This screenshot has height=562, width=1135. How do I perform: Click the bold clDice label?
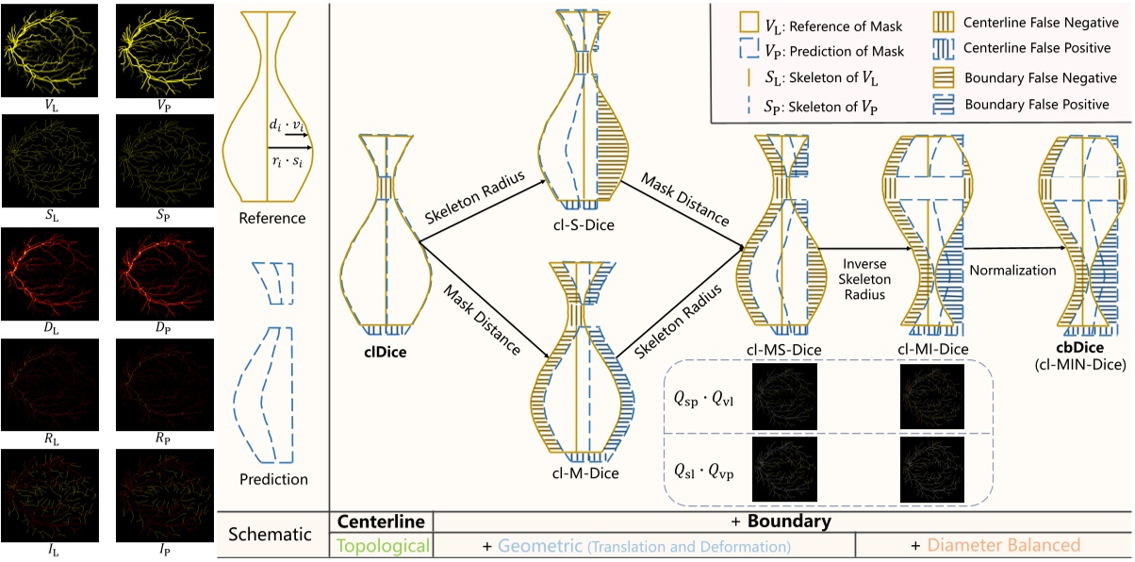386,354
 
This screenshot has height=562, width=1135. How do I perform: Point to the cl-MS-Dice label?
781,350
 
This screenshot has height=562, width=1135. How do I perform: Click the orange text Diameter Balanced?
1002,545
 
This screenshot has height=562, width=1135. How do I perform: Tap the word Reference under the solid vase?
271,218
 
